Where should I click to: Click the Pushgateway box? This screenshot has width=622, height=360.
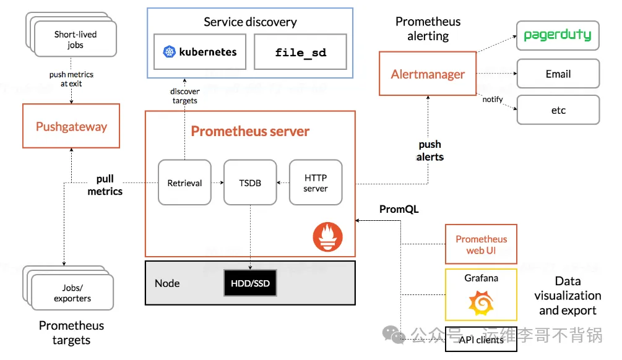(71, 126)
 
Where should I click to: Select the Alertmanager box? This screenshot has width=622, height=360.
(428, 74)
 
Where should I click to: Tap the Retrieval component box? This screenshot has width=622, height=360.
(184, 182)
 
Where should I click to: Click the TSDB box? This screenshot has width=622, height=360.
(250, 182)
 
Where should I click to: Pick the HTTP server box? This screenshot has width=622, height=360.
(316, 182)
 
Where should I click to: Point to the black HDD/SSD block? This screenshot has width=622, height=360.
(250, 283)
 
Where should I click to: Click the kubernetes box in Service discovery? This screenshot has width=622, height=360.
(200, 52)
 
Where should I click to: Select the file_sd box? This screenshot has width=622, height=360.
(300, 52)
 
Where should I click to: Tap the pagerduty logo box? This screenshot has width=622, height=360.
(558, 35)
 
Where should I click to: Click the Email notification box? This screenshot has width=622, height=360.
(558, 74)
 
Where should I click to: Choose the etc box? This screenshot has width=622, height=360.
(558, 110)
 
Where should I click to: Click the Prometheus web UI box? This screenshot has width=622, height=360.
(481, 244)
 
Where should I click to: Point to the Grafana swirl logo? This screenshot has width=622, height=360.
(481, 302)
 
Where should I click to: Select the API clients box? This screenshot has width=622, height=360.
(481, 340)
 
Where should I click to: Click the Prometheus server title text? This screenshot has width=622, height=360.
(250, 131)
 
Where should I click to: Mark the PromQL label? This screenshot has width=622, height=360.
(399, 209)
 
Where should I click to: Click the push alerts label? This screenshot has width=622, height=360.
(430, 150)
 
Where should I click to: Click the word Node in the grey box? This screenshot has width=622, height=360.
(167, 283)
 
